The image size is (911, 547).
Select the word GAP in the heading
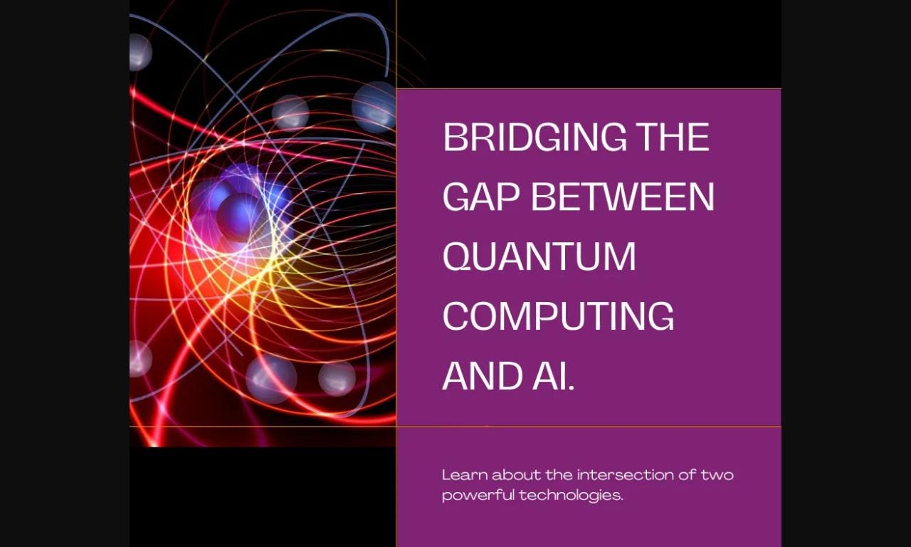click(x=481, y=197)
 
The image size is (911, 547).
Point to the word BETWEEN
click(x=622, y=197)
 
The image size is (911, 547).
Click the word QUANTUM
click(x=539, y=256)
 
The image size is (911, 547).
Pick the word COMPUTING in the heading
click(x=558, y=316)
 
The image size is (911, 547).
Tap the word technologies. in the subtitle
click(x=571, y=495)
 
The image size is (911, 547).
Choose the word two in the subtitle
click(x=717, y=474)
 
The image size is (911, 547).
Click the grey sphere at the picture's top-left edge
click(x=139, y=52)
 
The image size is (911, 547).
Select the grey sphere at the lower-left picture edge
click(x=139, y=359)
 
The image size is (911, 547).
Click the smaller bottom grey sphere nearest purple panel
click(x=337, y=379)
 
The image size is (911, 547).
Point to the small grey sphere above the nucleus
click(x=290, y=113)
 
